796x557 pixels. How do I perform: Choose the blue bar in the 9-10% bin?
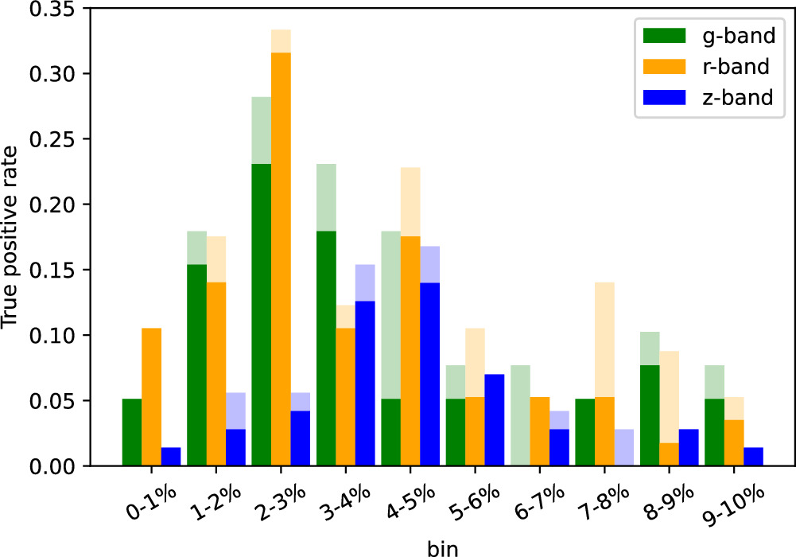753,457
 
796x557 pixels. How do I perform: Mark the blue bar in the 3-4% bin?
365,383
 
